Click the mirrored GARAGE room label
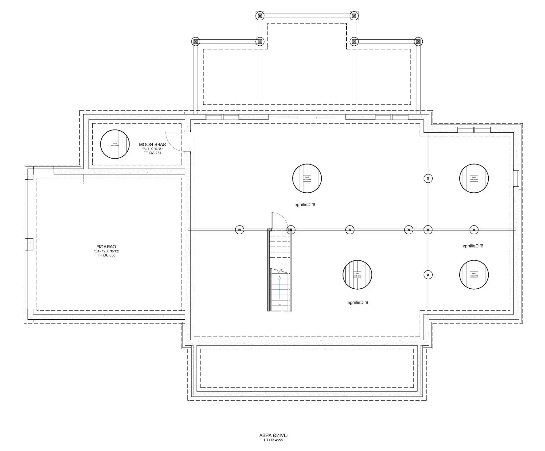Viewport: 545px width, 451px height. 106,247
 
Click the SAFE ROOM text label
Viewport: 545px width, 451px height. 152,144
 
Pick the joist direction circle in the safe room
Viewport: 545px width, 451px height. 115,144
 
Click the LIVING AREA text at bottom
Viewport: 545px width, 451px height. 273,435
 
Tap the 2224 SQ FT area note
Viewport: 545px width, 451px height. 273,440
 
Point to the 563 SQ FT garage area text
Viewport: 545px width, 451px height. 106,255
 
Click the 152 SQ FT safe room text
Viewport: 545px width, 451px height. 152,153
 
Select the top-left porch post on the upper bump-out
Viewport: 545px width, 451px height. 260,16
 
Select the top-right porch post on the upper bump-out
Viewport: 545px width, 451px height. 354,16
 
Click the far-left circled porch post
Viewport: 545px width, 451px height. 196,41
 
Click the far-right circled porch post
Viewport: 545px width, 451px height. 418,41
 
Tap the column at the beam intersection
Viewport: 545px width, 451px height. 428,230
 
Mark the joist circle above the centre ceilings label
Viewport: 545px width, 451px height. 307,178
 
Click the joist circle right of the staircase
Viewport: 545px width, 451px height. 357,275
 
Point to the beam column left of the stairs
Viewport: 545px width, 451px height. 239,230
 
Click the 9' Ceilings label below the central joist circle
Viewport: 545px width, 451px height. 305,205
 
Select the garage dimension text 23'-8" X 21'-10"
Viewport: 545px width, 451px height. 106,251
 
